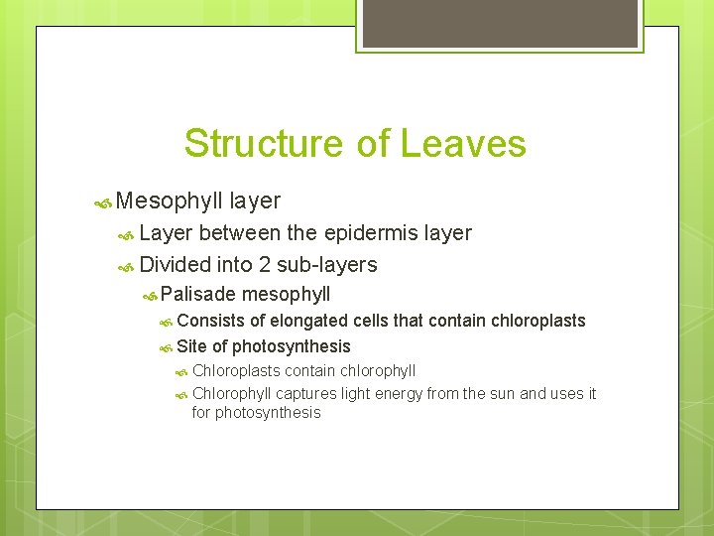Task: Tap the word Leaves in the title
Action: tap(463, 144)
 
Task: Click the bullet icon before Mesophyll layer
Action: tap(102, 202)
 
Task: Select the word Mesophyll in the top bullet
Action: tap(169, 201)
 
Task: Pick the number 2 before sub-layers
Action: tap(267, 265)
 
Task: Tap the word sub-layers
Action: tap(328, 265)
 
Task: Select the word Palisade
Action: tap(198, 294)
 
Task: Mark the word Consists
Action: tap(211, 321)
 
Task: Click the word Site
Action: tap(192, 346)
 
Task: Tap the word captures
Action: tap(303, 394)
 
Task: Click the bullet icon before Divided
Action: tap(126, 266)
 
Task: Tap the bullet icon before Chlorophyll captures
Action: tap(181, 395)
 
